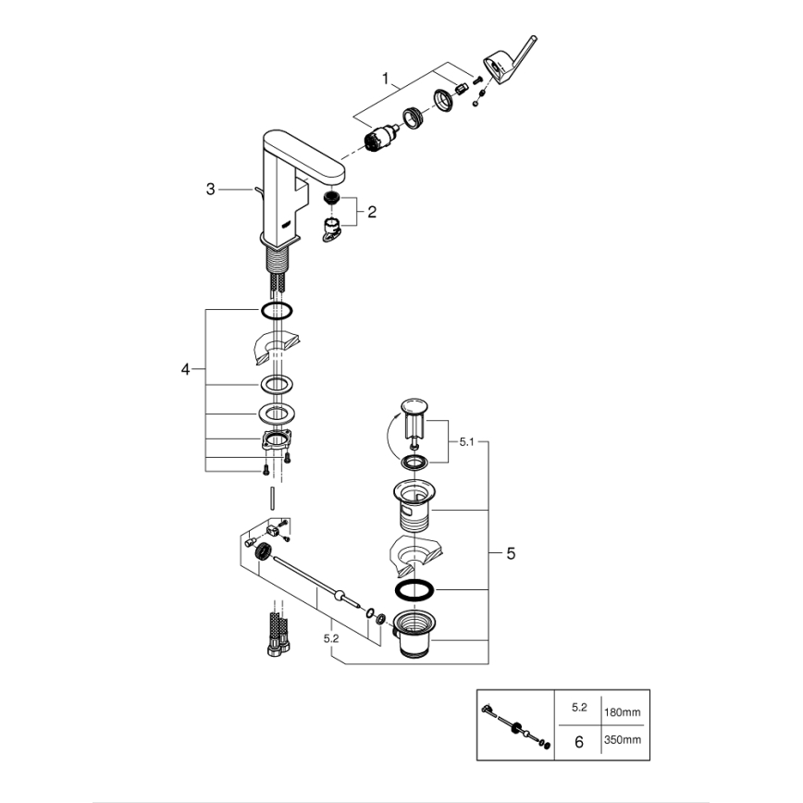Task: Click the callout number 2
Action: [x=371, y=212]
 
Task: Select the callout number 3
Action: [x=211, y=189]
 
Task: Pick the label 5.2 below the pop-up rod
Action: [x=330, y=637]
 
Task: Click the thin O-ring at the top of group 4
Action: [x=278, y=310]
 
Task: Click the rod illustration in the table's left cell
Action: [x=513, y=727]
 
